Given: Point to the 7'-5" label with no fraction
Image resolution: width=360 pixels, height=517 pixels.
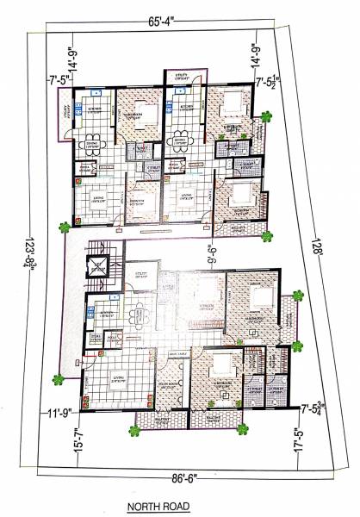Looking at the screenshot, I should tap(56, 83).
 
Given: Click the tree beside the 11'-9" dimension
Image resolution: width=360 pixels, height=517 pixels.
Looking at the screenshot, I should tap(58, 378).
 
